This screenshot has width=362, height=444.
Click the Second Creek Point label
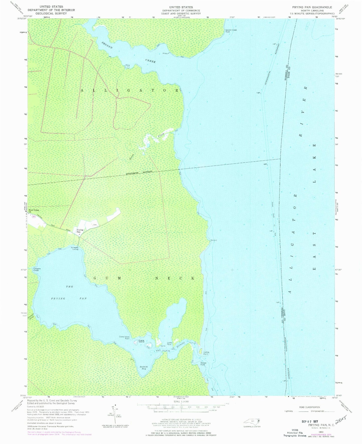[x=231, y=31]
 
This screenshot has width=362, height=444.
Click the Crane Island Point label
[x=124, y=338]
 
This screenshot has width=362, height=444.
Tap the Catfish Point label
[x=206, y=353]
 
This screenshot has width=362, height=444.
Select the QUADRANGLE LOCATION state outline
[x=252, y=421]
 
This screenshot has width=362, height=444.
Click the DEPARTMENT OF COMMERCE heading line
[x=181, y=11]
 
